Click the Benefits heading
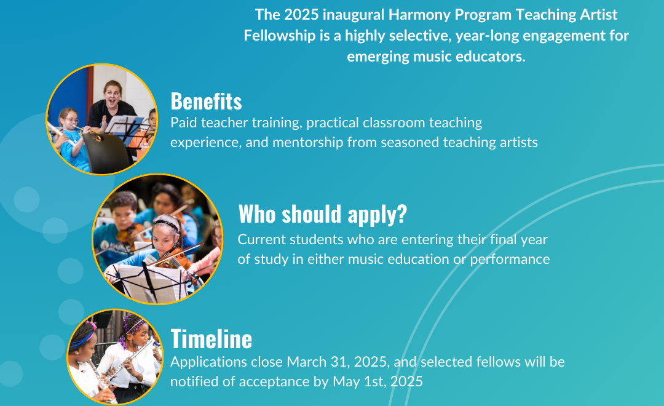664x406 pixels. tap(206, 101)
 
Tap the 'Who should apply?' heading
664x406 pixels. tap(322, 214)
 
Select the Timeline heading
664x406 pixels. tap(211, 339)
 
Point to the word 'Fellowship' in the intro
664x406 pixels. tap(280, 36)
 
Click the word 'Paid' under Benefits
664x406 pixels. tap(183, 122)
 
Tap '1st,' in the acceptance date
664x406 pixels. tap(374, 382)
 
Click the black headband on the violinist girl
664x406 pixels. tap(166, 223)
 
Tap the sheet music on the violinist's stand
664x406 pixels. tap(149, 281)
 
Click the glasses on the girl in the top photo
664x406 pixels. tap(71, 121)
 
